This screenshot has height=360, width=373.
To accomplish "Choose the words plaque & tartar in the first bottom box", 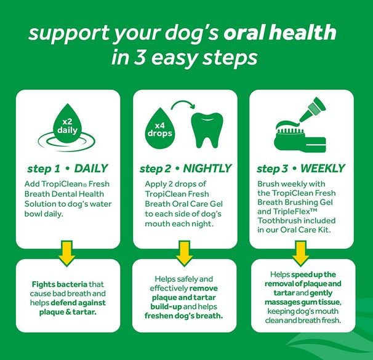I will pos(67,311).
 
